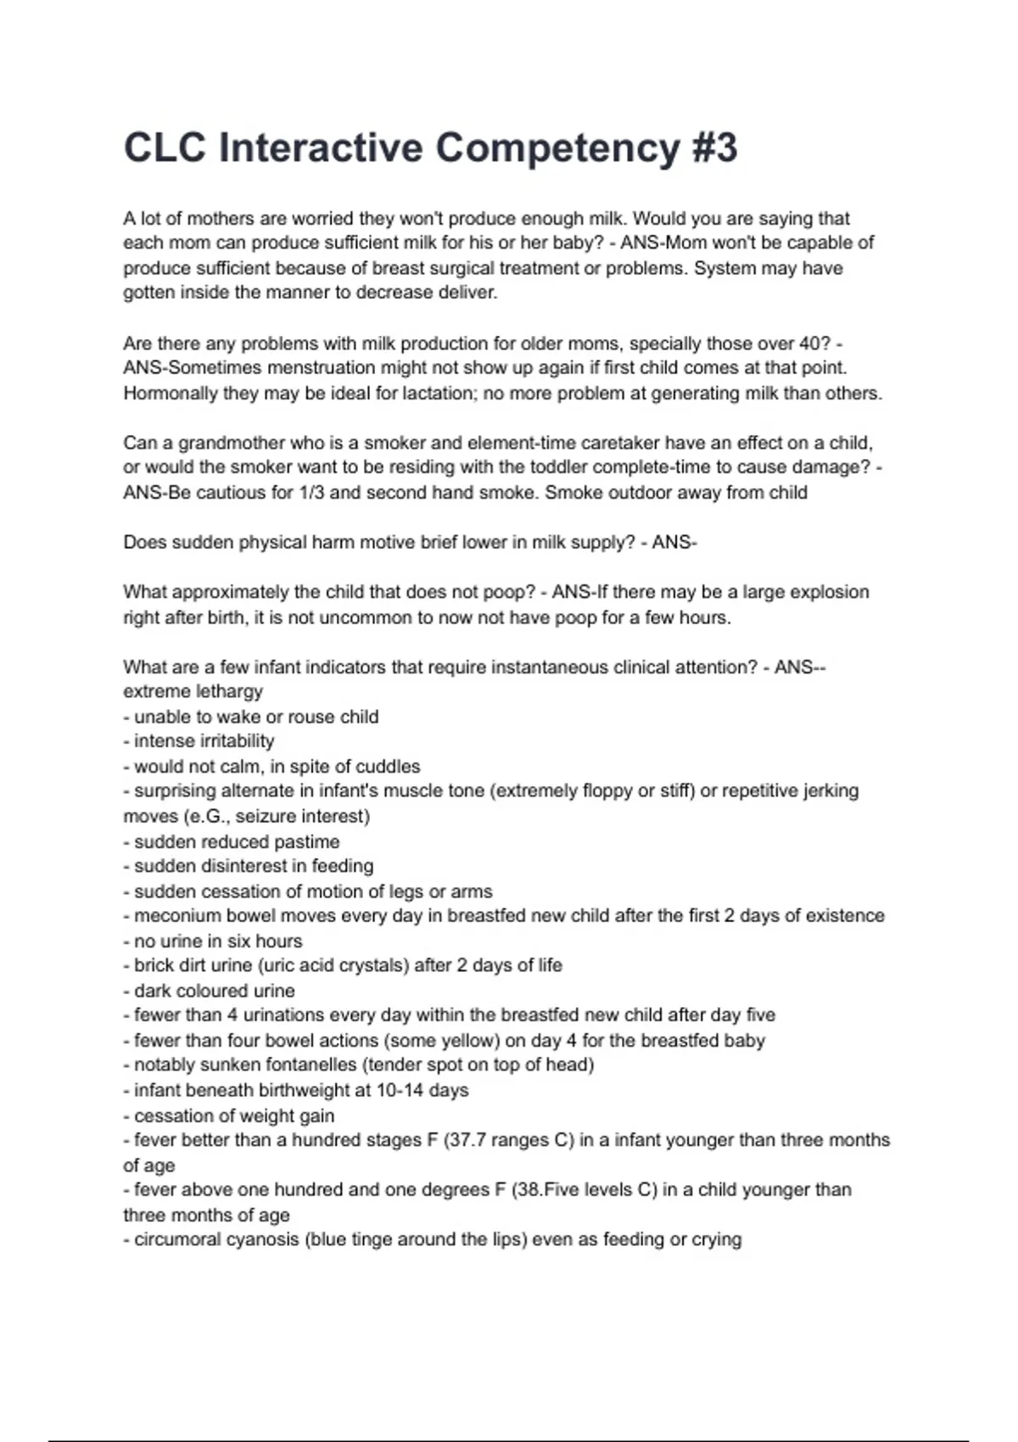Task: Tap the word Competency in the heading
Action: point(557,149)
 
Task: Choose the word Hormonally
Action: point(171,394)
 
